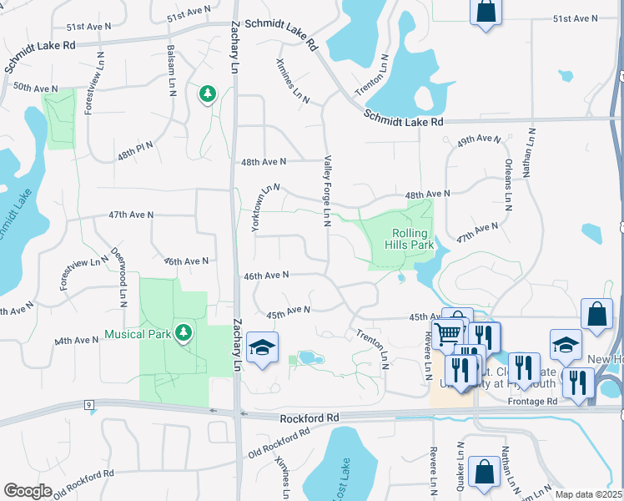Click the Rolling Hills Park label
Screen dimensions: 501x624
(x=409, y=240)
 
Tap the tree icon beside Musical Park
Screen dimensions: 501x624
(x=184, y=334)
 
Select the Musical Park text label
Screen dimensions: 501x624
(x=138, y=334)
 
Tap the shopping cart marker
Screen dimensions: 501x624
(x=449, y=333)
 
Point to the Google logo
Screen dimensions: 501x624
(x=28, y=491)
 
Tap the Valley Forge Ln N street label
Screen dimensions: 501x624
(x=328, y=190)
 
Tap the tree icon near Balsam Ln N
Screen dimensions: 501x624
(x=207, y=94)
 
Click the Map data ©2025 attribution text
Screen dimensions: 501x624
(x=588, y=494)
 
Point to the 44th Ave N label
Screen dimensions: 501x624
(x=77, y=341)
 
